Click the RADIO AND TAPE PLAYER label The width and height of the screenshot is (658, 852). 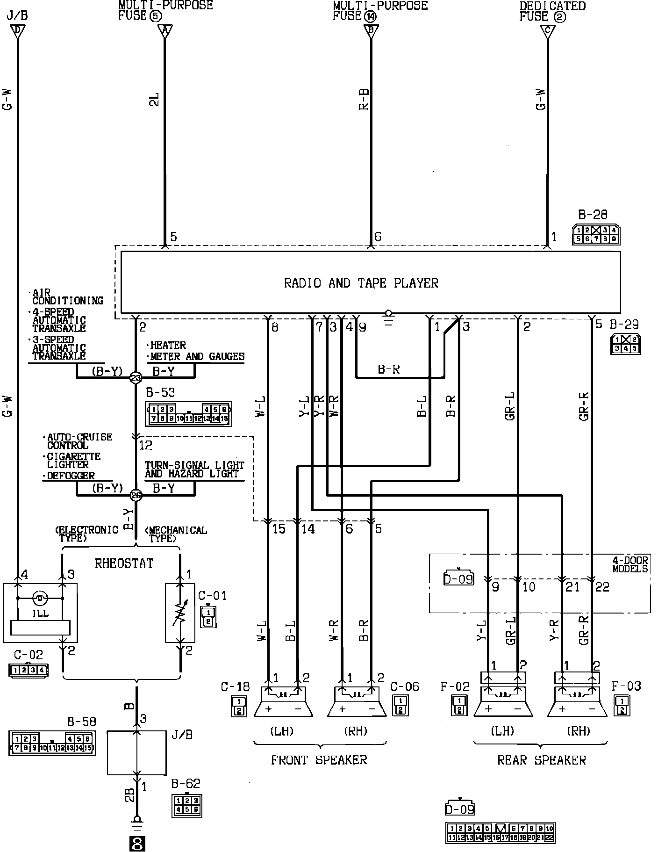[x=361, y=283]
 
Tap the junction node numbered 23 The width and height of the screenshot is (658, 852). [x=136, y=378]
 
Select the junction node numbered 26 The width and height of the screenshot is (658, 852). [x=136, y=495]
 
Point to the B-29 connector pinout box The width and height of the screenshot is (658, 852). [x=625, y=344]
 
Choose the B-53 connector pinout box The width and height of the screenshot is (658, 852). [x=188, y=414]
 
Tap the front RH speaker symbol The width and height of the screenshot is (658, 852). [x=357, y=702]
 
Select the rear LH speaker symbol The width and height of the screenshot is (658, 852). [x=503, y=702]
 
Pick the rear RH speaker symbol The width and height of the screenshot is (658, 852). [x=577, y=702]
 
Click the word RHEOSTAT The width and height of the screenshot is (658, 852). [x=124, y=563]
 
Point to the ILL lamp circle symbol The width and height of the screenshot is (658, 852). [x=40, y=598]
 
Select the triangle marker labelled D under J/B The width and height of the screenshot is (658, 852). [x=18, y=31]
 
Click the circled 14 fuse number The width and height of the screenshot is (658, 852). [x=371, y=16]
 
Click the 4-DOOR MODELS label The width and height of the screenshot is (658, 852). [x=630, y=564]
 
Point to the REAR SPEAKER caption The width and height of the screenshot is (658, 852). [x=541, y=760]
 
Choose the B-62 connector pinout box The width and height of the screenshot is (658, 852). [x=187, y=805]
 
